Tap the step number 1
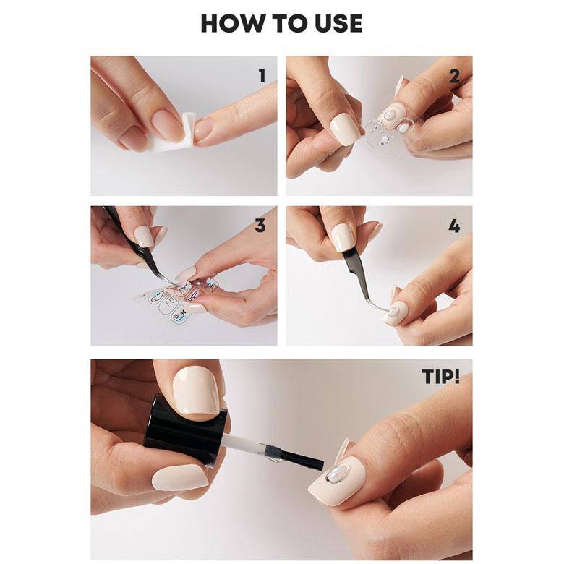click(262, 76)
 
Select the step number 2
click(454, 76)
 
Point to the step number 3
click(260, 226)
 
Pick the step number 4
click(454, 226)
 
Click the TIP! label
click(441, 377)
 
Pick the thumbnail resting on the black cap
click(197, 393)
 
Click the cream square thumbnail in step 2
click(346, 129)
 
